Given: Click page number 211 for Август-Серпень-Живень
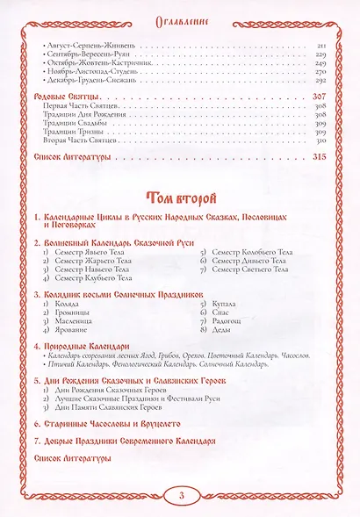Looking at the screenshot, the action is point(321,45).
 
